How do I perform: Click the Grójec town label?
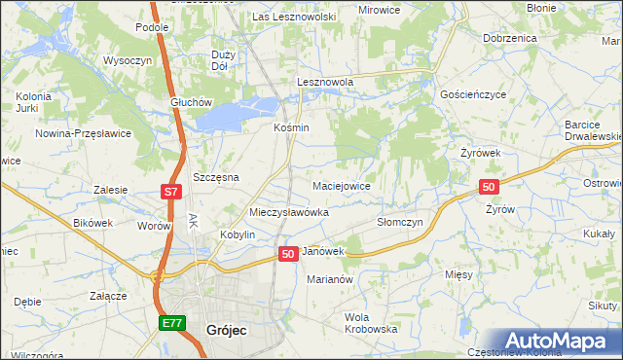227,330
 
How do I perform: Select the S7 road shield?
170,193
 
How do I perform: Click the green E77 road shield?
171,323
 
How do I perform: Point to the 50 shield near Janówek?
287,253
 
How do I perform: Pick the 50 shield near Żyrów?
489,187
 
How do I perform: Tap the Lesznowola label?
325,83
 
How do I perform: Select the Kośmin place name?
291,127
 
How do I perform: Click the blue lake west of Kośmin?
232,117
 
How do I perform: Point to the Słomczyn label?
399,222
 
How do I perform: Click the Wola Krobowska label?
372,323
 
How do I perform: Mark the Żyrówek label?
480,154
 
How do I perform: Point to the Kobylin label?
238,235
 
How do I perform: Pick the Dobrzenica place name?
510,38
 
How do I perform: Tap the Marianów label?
329,278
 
